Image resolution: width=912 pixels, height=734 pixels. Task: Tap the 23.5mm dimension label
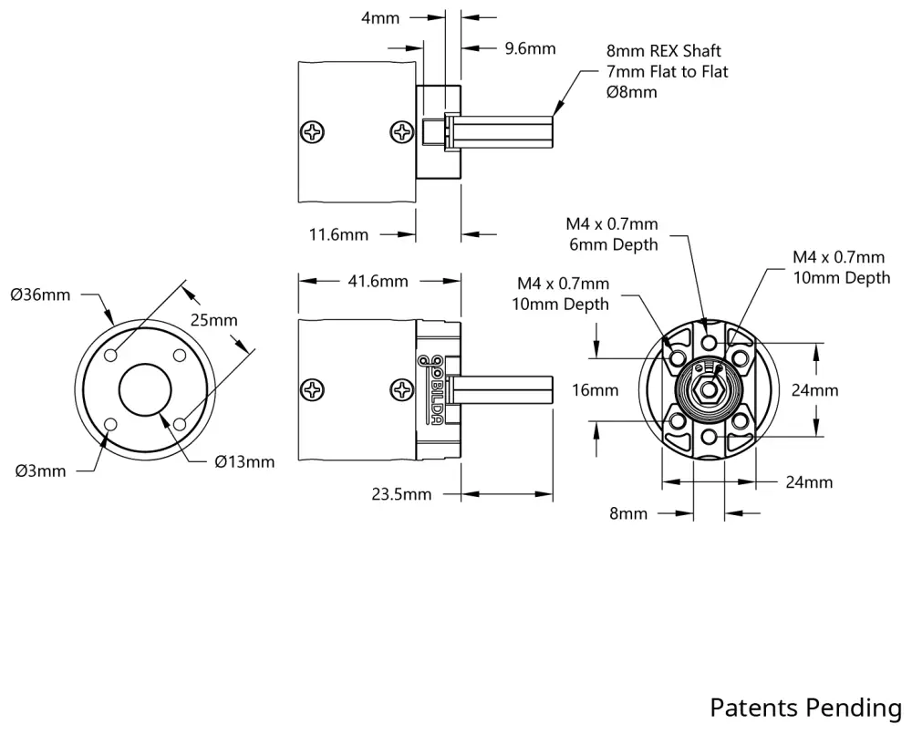pyautogui.click(x=401, y=494)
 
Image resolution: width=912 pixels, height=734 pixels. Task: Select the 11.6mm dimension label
pyautogui.click(x=338, y=235)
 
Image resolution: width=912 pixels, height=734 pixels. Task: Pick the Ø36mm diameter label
pyautogui.click(x=39, y=295)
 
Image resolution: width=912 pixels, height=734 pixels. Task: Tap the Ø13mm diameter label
pyautogui.click(x=244, y=461)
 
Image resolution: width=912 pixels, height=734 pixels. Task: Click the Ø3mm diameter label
pyautogui.click(x=40, y=470)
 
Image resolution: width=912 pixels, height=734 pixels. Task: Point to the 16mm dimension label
pyautogui.click(x=595, y=390)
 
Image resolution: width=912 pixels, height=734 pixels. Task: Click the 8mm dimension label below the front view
pyautogui.click(x=628, y=514)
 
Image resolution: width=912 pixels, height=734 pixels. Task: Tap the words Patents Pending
pyautogui.click(x=805, y=708)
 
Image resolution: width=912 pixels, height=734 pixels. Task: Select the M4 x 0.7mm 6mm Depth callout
pyautogui.click(x=612, y=233)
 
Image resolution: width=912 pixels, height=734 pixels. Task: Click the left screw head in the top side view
pyautogui.click(x=314, y=131)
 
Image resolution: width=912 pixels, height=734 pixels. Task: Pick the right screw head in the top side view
pyautogui.click(x=401, y=132)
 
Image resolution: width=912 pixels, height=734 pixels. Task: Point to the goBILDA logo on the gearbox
pyautogui.click(x=434, y=388)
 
